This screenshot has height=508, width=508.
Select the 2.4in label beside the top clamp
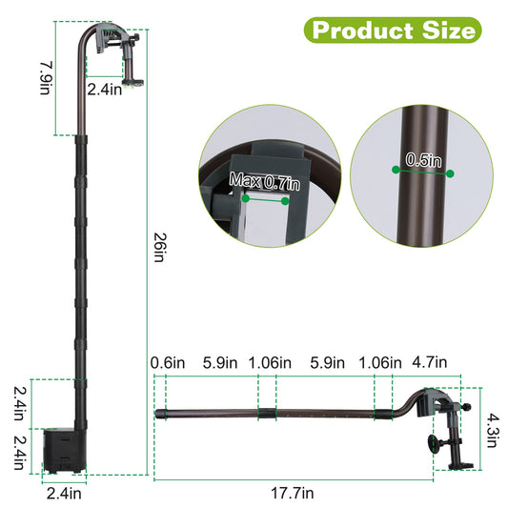[105, 91]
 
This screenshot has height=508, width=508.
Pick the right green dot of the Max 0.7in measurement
[286, 200]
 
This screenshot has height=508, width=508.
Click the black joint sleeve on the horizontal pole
[268, 415]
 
